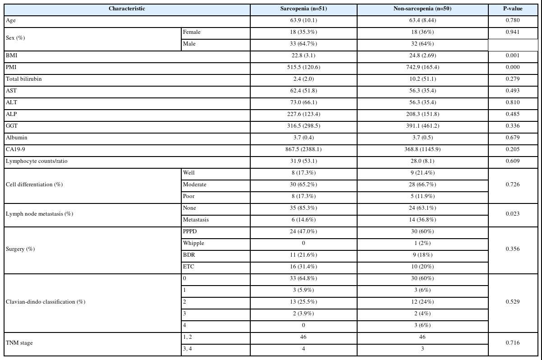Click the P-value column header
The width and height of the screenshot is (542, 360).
[513, 9]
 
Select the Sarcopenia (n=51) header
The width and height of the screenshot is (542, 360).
[303, 9]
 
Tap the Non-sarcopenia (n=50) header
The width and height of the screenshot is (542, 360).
[422, 9]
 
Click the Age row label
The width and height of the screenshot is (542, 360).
[11, 20]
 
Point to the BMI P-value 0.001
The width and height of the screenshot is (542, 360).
[513, 55]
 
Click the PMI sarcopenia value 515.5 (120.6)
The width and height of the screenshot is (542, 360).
[303, 67]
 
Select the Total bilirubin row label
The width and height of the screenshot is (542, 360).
[23, 79]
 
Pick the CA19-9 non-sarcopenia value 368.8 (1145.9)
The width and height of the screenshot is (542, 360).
[422, 149]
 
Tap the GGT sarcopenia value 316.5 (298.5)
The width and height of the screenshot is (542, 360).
[303, 126]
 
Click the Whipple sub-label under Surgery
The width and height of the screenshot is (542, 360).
[193, 243]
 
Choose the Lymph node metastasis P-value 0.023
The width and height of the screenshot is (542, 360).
[513, 214]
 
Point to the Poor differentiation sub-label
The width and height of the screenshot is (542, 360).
[189, 196]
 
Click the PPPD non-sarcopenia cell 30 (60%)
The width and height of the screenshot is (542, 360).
[422, 231]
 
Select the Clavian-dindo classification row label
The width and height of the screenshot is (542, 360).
[46, 302]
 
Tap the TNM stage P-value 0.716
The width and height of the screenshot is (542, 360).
[513, 343]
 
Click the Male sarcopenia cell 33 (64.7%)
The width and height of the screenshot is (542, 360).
[303, 44]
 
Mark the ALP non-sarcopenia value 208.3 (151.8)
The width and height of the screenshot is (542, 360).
[422, 114]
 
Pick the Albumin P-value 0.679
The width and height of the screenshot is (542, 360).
[513, 138]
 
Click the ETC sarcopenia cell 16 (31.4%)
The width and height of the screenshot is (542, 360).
[303, 267]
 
